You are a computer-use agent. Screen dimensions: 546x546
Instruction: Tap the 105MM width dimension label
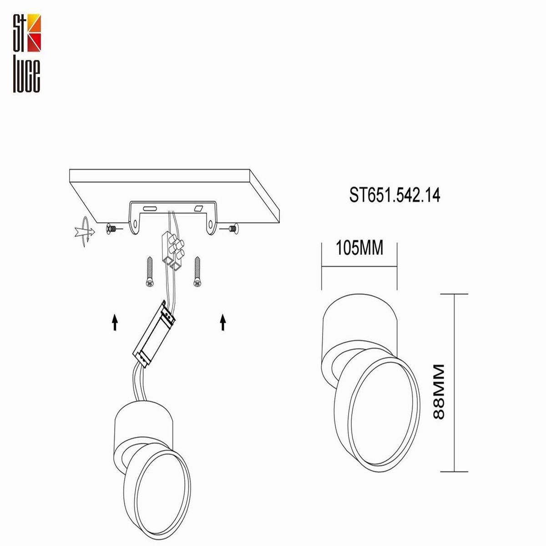359,248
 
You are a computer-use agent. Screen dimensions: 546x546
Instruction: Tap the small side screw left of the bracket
112,229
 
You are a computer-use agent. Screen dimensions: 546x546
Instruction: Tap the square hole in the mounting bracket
198,208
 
